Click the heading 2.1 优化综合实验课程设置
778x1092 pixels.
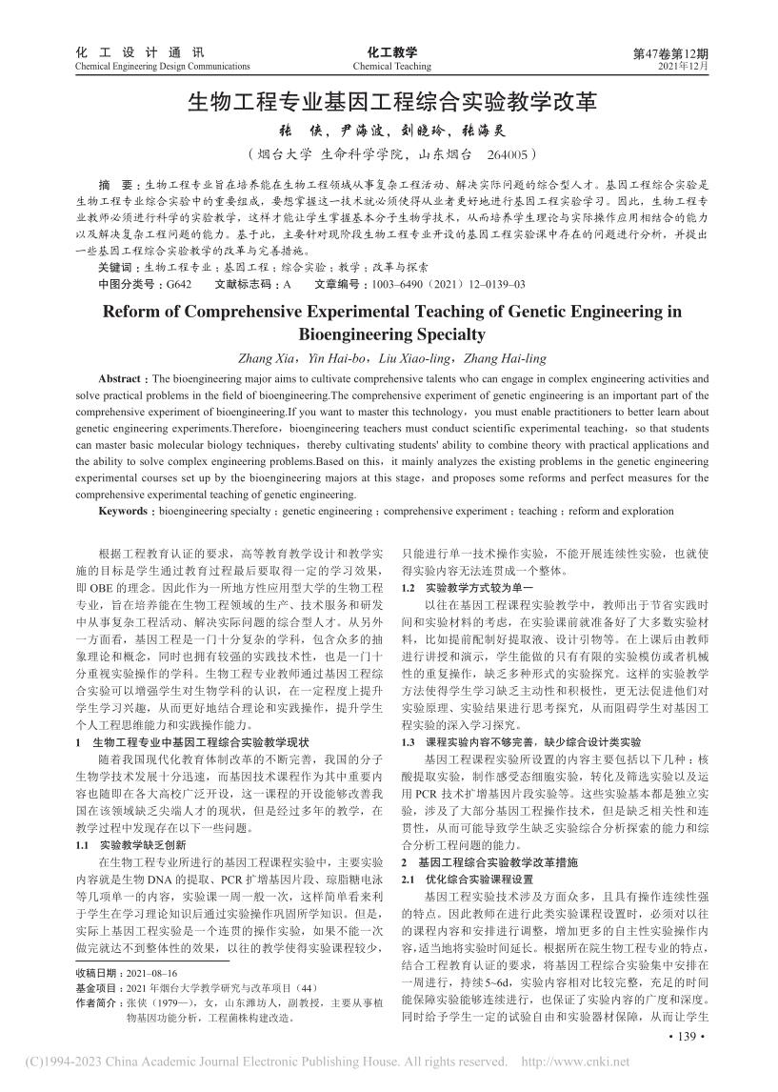(x=467, y=878)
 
